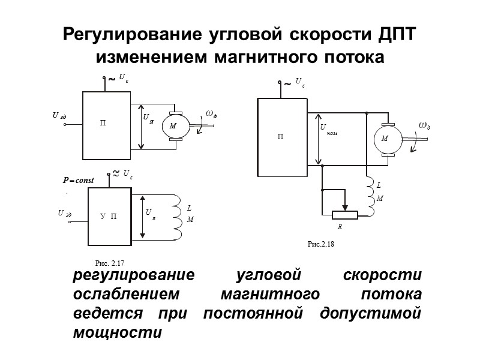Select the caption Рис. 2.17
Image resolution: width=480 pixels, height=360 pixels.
tap(109, 263)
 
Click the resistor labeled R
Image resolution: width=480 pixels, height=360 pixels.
tap(344, 215)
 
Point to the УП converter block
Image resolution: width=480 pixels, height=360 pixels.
tap(110, 214)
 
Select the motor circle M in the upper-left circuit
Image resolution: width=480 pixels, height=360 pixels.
tap(173, 126)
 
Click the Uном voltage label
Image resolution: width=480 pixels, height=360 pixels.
tap(328, 130)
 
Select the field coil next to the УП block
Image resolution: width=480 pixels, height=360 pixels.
tap(178, 213)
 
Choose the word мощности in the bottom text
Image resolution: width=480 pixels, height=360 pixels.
tap(117, 332)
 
